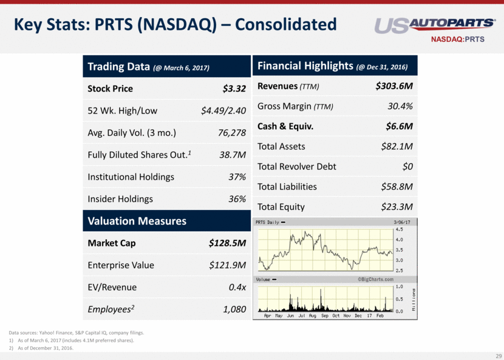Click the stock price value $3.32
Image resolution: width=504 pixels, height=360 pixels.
coord(234,89)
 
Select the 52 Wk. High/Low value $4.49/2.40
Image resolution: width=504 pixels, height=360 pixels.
coord(223,110)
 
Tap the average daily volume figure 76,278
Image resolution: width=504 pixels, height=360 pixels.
coord(232,133)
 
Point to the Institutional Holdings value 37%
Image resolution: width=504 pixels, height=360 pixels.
coord(236,177)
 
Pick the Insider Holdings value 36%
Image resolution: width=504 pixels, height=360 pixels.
coord(236,199)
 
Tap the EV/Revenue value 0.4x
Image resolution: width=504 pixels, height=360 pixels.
coord(236,287)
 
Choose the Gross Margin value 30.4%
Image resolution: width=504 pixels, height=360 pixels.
coord(400,106)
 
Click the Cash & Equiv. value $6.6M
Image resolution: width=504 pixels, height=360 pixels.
coord(400,126)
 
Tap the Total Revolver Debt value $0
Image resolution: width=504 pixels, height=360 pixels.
coord(407,166)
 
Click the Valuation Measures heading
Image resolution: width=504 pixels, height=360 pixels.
coord(137,221)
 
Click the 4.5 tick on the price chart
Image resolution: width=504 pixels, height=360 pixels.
coord(399,230)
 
